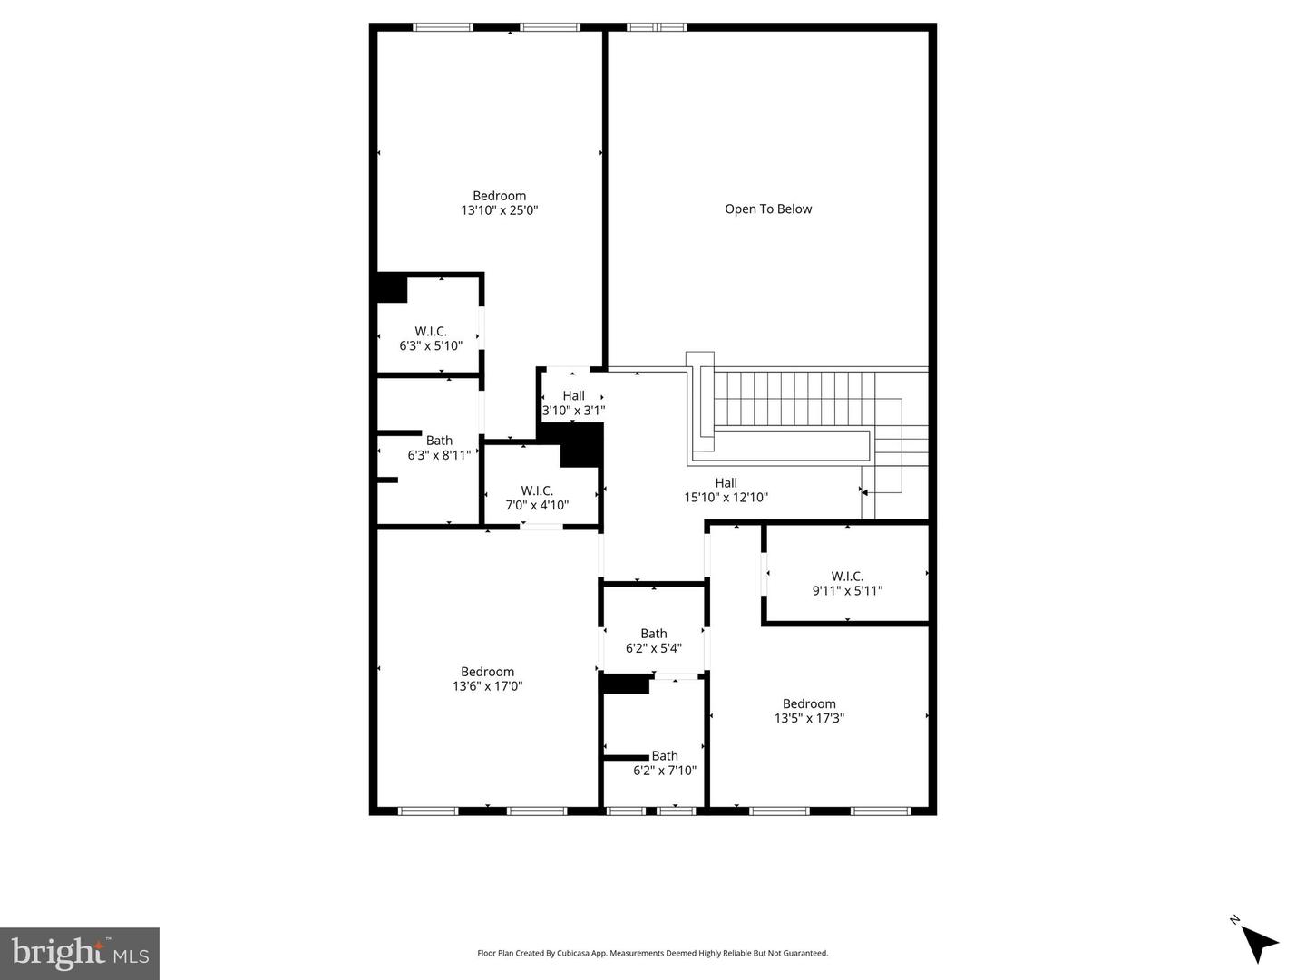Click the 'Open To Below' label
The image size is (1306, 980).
point(768,209)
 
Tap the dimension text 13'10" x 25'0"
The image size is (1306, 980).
point(500,210)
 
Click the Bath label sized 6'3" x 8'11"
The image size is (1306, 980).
point(439,448)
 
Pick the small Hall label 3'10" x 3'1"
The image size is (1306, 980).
point(573,403)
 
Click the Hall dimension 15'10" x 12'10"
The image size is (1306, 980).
point(726,498)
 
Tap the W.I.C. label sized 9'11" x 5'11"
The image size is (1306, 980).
point(847,584)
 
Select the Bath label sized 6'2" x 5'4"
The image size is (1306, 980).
point(654,641)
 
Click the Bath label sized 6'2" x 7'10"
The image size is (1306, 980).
point(665,763)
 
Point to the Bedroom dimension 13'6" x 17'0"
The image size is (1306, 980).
point(488,686)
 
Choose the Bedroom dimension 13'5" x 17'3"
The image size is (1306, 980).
point(809,718)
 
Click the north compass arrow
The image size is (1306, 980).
point(1259,943)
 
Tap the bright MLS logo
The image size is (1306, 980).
point(80,954)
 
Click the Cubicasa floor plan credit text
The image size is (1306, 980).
point(653,953)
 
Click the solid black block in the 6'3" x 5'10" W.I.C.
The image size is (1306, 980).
point(392,288)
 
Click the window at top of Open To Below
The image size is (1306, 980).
point(658,27)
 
